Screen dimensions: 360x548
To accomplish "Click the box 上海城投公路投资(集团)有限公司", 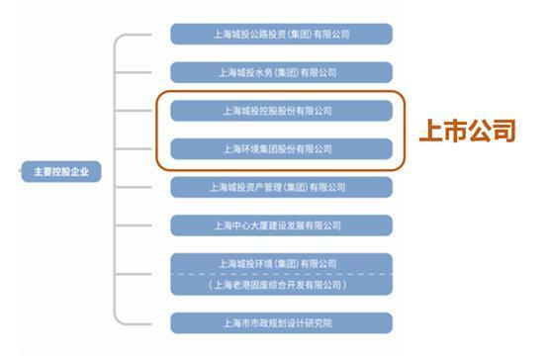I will coord(281,34).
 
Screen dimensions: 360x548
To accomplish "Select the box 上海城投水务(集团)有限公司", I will coord(281,71).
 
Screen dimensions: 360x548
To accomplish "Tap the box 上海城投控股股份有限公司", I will coord(281,110).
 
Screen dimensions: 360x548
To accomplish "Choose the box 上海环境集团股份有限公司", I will coord(281,148).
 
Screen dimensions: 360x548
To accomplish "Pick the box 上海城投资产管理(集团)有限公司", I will coord(281,186).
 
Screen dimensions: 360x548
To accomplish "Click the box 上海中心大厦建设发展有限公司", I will coord(281,225).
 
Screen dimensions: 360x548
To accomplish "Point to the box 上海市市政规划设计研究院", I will coord(281,322).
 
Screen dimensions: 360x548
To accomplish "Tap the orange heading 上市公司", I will coord(467,131).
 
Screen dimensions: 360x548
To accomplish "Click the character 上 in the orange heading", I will coord(430,131).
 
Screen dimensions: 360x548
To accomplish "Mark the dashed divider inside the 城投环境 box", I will coord(281,274).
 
